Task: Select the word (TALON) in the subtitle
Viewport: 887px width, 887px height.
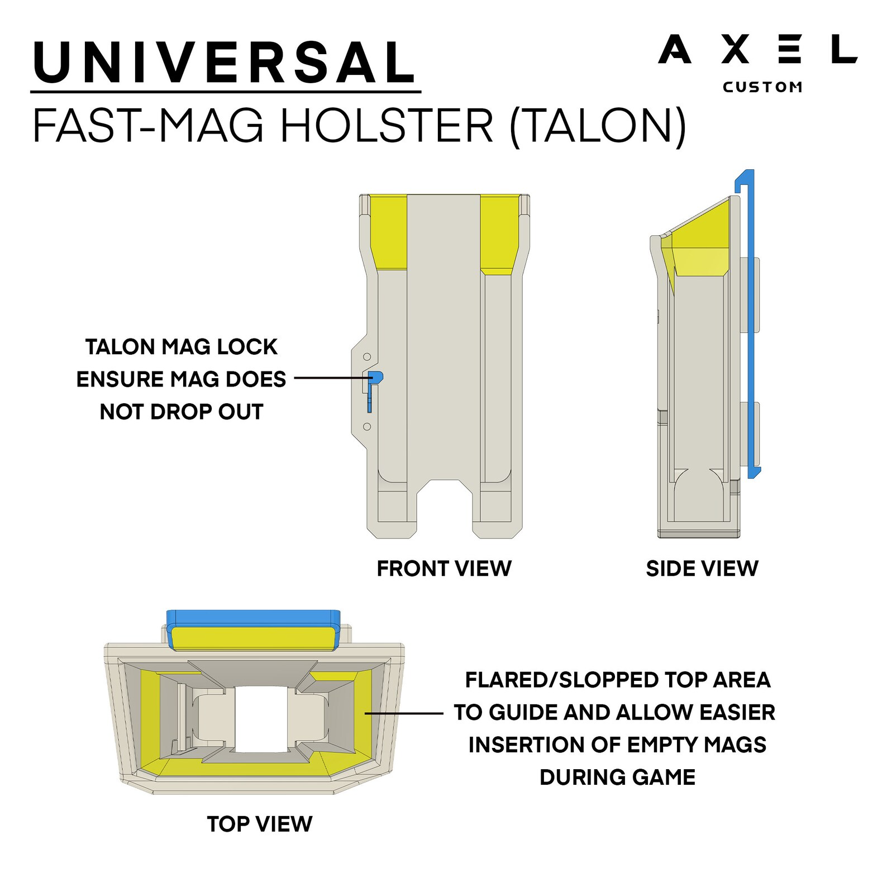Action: [x=598, y=126]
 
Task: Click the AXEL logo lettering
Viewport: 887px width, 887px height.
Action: [x=757, y=50]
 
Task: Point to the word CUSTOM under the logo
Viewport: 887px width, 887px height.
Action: [x=762, y=87]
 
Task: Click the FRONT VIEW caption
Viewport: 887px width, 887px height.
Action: [x=444, y=569]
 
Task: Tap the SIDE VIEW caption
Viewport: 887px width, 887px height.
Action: [x=702, y=569]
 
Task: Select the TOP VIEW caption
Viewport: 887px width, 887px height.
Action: [x=260, y=824]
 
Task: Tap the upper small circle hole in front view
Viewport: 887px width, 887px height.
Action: [x=367, y=356]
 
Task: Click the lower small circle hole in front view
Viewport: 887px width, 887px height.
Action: [x=367, y=427]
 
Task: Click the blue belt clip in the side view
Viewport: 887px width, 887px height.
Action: [x=749, y=324]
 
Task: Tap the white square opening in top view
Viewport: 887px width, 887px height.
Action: [x=261, y=719]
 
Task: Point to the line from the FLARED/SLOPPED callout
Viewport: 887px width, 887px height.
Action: [x=403, y=713]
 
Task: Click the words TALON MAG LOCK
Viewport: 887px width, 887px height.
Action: [x=181, y=347]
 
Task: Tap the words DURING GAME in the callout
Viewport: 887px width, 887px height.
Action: [x=617, y=777]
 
